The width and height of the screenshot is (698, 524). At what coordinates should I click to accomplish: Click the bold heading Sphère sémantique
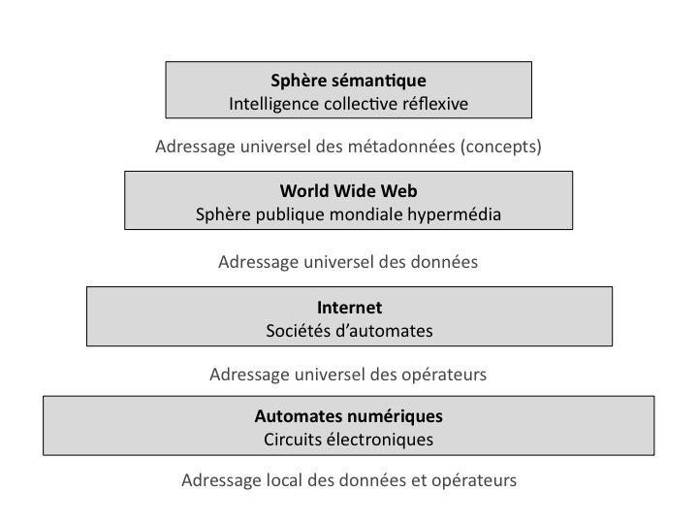coord(348,81)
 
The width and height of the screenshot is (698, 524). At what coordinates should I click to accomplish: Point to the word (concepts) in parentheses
coord(500,147)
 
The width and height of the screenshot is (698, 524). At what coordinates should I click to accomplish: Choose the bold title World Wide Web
coord(348,190)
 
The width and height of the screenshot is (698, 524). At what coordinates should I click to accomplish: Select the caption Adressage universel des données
coord(348,262)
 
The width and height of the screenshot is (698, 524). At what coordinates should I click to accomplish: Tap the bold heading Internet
coord(349,308)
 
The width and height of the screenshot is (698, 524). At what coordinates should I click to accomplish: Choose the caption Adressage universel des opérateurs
coord(348,374)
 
